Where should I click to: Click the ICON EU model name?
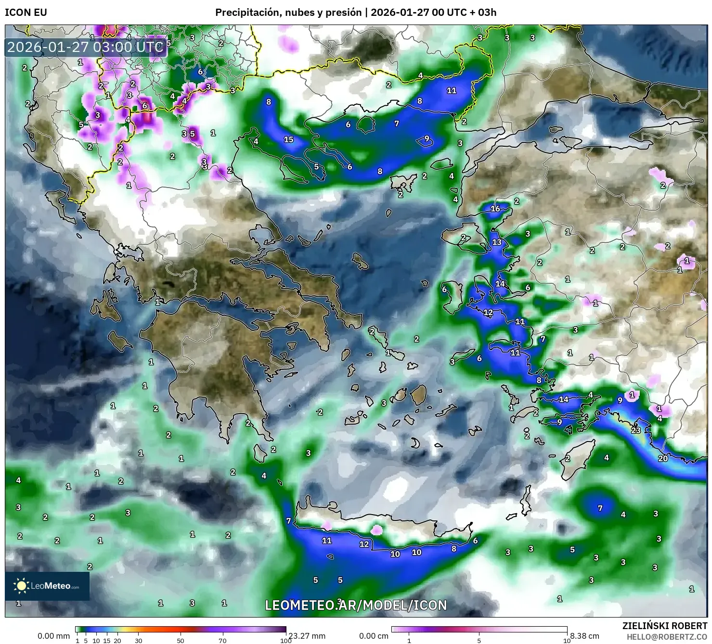pos(26,13)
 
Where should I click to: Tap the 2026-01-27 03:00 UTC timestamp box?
pos(86,47)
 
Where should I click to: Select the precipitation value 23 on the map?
pos(636,430)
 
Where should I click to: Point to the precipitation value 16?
pos(495,209)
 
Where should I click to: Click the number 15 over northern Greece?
pos(288,139)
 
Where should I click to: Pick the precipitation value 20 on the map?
pos(663,458)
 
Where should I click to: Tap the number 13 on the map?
pos(497,242)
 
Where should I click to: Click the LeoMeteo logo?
pos(47,586)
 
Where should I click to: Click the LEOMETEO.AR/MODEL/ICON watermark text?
pos(356,605)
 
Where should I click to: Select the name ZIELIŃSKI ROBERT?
pos(665,626)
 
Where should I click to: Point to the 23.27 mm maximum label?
pos(306,636)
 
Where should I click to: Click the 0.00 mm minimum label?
pos(53,636)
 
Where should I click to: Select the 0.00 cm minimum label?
pos(374,636)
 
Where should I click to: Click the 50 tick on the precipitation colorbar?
pos(181,640)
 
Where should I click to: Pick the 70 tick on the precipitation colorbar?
pos(222,640)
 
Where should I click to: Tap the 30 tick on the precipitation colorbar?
pos(139,640)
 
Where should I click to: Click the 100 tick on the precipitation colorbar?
pos(285,640)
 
